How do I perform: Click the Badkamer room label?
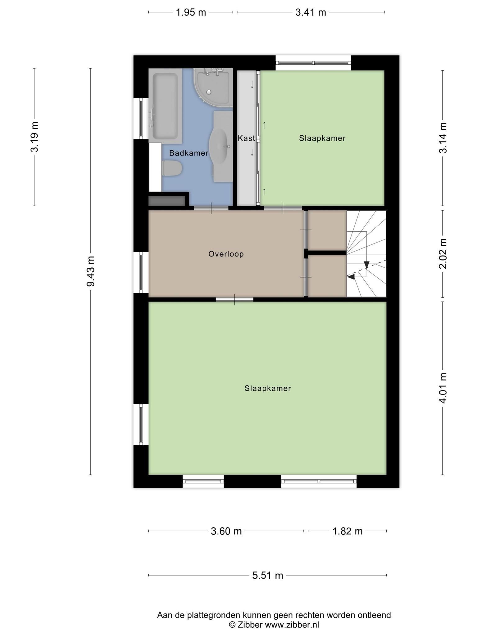point(189,153)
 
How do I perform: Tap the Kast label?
point(246,138)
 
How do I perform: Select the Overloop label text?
point(226,254)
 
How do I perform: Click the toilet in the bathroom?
point(172,168)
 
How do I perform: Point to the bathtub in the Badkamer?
point(165,106)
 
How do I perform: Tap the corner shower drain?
point(209,92)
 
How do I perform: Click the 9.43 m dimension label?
point(90,271)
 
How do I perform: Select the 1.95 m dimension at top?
point(191,12)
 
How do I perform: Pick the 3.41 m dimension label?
point(311,12)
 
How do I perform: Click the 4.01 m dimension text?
point(443,388)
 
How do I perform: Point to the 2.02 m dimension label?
point(443,254)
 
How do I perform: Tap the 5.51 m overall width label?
point(268,575)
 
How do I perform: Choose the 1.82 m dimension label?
point(348,531)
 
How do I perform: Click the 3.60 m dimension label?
point(226,531)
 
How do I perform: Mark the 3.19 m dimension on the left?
point(34,137)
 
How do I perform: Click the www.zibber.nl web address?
point(292,625)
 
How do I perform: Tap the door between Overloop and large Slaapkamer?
point(234,300)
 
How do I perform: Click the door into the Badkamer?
point(211,208)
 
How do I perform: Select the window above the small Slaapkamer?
point(313,63)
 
